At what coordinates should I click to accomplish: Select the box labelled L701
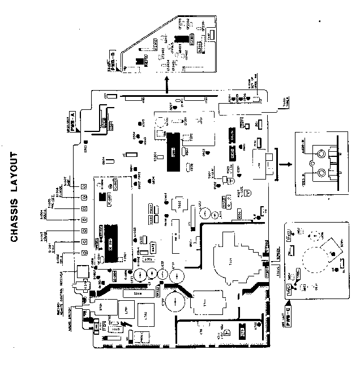tap(128, 310)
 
